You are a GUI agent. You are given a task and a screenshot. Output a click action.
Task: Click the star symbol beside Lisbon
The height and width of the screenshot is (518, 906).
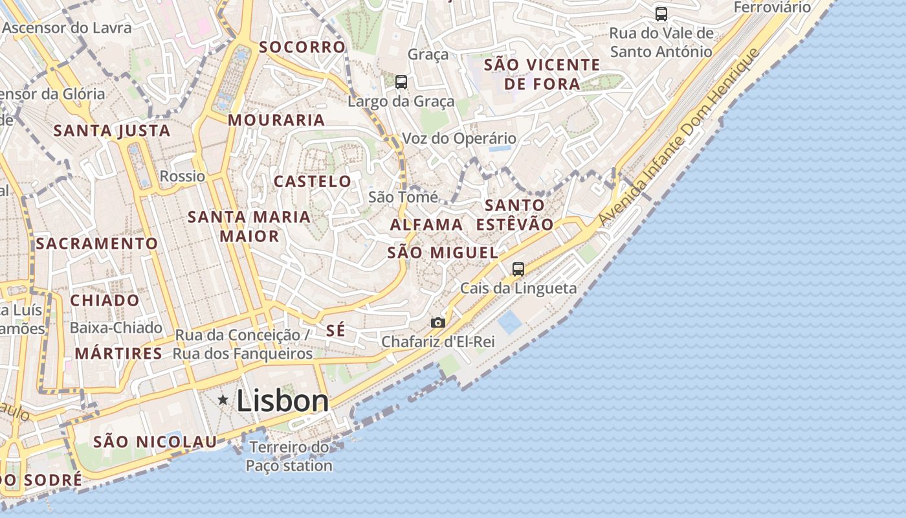pos(223,400)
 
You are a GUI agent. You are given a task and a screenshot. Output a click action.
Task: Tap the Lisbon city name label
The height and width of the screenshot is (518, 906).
pos(283,401)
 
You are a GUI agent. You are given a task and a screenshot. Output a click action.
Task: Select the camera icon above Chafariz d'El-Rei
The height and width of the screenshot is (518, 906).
pos(438,322)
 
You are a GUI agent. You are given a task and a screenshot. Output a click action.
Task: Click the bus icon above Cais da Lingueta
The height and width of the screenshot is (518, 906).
pos(518,269)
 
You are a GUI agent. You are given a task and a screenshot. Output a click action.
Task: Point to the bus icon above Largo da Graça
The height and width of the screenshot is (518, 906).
pos(401,82)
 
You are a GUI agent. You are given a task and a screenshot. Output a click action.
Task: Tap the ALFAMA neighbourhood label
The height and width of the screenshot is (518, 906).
pos(426,225)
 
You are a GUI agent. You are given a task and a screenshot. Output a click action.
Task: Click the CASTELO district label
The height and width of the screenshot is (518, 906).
pos(313,181)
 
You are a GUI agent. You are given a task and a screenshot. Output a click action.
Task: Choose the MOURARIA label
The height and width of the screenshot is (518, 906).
pos(276,120)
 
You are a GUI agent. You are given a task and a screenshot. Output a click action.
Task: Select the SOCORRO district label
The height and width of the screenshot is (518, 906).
pos(302,47)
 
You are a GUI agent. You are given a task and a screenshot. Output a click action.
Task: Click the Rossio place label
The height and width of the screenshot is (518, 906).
pos(182,176)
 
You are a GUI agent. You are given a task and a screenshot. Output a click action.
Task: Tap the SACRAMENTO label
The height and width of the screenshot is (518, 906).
pos(97,243)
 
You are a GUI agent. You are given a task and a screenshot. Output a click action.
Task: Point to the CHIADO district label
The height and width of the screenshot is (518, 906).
pos(105,300)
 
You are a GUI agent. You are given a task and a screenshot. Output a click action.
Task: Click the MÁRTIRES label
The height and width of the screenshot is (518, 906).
pos(118,354)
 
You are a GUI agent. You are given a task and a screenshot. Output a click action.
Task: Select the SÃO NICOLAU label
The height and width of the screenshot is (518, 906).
pos(155,442)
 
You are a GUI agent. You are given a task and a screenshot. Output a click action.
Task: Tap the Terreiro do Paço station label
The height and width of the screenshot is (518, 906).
pos(289,456)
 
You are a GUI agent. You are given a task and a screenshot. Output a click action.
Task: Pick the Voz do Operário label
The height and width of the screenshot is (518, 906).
pos(459,139)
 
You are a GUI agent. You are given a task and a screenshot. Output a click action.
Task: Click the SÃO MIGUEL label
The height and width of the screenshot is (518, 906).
pos(443,253)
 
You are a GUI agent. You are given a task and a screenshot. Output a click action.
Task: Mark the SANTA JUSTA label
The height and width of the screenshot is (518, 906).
pos(112,131)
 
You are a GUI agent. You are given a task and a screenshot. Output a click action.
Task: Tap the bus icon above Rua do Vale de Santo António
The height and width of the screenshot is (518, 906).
pos(661,14)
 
